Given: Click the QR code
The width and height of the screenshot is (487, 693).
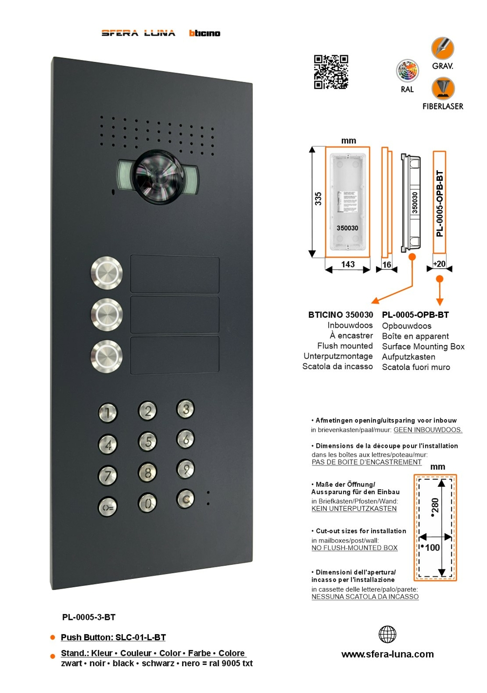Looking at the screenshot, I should pos(331,72).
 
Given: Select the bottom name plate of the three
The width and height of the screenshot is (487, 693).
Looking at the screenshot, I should pos(174,355).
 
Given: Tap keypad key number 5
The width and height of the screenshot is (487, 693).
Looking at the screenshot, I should pos(148,441).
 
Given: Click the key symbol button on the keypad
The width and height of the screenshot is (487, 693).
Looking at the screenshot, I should pos(108,507).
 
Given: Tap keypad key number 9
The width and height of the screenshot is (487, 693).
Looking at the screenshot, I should pos(186,469).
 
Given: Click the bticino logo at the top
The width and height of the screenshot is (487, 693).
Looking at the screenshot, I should pos(205,33).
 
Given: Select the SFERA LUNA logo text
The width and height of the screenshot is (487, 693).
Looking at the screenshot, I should pos(138,33).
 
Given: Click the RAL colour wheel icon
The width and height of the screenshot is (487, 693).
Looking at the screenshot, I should pos(408,72).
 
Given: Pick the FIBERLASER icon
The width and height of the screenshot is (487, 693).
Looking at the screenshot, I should pos(443,89).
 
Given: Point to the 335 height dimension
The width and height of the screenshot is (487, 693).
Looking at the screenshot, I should pos(318,199).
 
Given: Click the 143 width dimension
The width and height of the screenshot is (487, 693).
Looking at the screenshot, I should pos(348,265).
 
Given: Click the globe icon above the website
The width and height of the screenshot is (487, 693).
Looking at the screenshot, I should pos(387,634).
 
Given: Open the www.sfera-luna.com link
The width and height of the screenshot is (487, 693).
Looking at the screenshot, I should pos(387,654).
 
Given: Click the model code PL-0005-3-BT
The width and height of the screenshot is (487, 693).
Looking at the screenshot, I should pos(89,617).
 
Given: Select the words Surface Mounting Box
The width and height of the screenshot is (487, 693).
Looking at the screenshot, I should pos(423,346).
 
